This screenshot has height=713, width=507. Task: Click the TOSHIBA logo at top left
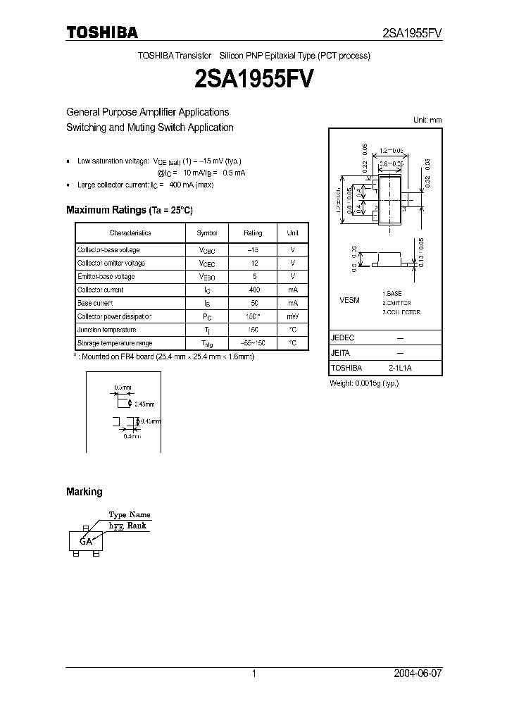tap(102, 32)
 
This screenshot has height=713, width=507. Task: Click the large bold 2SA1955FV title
tap(254, 78)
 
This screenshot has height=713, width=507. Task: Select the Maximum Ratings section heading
tap(129, 210)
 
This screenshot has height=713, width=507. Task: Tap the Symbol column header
tap(206, 232)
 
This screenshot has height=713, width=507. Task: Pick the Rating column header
tap(253, 232)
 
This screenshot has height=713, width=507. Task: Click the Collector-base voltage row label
tap(108, 250)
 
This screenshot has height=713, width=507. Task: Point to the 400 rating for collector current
tap(253, 290)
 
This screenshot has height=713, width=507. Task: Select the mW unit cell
tap(292, 316)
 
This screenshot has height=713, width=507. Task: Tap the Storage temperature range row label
tap(114, 343)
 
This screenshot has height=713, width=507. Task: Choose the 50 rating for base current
tap(253, 303)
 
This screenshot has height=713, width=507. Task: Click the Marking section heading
tap(84, 492)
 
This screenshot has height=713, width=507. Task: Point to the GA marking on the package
tap(86, 541)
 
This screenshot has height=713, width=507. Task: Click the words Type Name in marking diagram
tap(129, 515)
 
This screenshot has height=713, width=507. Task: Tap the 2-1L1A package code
tap(401, 368)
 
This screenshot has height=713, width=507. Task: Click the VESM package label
tap(349, 300)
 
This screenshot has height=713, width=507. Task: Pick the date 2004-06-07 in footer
tap(416, 674)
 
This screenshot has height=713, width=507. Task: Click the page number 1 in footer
tap(254, 674)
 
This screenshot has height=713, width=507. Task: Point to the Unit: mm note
tap(427, 120)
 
